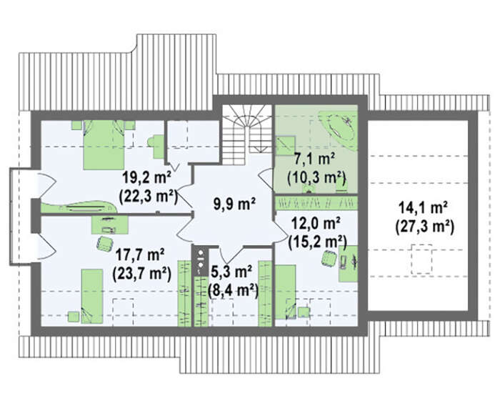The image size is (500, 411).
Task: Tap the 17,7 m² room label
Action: point(140,255)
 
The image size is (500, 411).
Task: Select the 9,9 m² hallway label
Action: point(234,204)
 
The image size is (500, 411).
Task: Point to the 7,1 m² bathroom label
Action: point(314,159)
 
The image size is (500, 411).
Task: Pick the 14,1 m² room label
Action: point(423,209)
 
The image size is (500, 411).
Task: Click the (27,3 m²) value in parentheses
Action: point(424,227)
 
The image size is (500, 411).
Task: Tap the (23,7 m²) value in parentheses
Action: point(141,274)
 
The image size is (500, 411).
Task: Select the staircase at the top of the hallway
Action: point(247,134)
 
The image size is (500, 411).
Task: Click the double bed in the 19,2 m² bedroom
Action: point(104,144)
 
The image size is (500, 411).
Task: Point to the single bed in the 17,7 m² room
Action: point(92,296)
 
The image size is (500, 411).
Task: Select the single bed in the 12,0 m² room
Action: point(286,292)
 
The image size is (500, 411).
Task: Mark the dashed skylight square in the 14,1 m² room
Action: point(421,259)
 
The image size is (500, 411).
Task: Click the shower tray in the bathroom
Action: point(285,146)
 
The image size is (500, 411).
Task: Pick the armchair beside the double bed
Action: point(157,147)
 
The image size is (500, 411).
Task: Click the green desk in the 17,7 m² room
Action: point(110,224)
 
